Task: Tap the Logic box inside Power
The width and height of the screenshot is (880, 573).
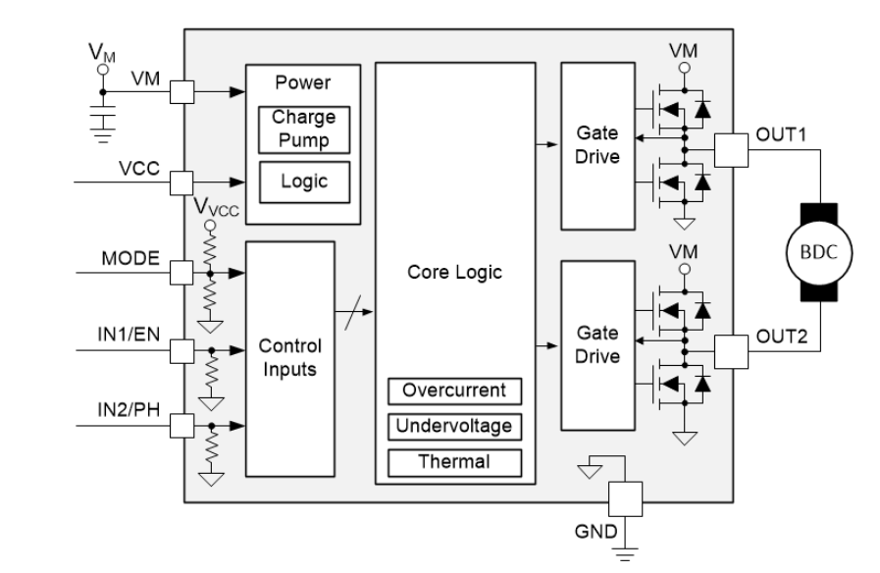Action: (x=303, y=182)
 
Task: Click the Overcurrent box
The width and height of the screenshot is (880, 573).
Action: (x=455, y=391)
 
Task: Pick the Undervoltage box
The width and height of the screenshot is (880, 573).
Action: (x=455, y=426)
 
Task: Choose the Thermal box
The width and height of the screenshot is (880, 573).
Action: (x=455, y=460)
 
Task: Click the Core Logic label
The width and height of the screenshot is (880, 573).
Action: (x=455, y=273)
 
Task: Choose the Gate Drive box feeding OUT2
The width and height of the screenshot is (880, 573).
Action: (x=596, y=346)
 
